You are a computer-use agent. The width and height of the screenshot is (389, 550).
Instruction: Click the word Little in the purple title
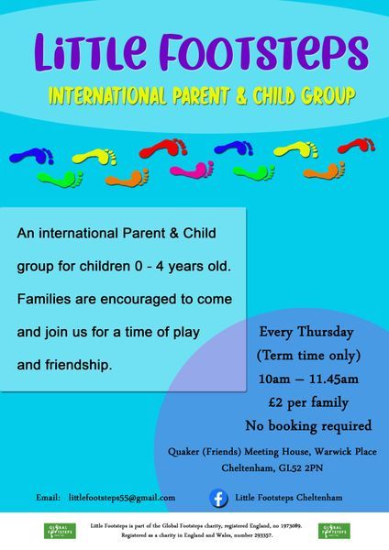tap(91, 51)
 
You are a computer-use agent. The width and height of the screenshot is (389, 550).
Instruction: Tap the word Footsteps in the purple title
tap(263, 51)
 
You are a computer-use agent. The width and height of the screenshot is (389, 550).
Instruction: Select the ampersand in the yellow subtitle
tap(241, 95)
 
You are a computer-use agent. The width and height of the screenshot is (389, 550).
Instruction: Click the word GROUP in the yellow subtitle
tap(329, 95)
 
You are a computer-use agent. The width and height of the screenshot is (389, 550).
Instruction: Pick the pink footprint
tap(192, 170)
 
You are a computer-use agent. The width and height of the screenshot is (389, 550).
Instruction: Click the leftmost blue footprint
tap(31, 156)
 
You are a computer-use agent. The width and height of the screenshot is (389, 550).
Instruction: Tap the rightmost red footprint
tap(356, 145)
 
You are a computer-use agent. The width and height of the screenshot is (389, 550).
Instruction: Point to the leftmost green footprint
tap(60, 179)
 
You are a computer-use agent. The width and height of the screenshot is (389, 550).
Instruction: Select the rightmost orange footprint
tap(324, 171)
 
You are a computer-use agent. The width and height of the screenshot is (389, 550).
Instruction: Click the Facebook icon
tap(218, 498)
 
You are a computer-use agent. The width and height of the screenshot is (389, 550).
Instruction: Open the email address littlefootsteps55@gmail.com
tap(122, 498)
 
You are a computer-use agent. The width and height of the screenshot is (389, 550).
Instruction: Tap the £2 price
tap(275, 402)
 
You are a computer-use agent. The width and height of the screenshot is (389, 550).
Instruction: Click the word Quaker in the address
tap(183, 451)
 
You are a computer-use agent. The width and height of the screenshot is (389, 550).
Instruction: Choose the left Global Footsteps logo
tap(60, 531)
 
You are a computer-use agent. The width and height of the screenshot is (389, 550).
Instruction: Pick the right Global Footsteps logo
tap(334, 531)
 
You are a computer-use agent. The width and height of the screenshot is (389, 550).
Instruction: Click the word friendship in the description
tap(78, 365)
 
